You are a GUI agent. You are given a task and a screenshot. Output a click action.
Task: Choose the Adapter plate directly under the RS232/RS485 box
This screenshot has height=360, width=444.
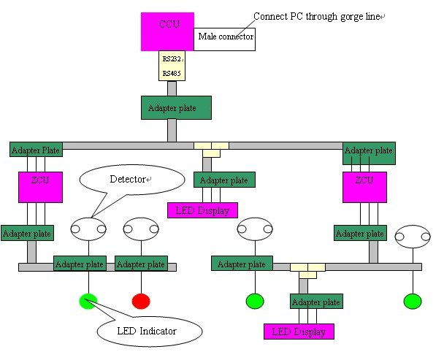click(176, 107)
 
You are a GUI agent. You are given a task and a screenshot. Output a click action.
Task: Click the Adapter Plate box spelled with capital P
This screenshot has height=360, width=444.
click(36, 149)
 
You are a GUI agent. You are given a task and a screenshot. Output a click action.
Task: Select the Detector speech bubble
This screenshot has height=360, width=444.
click(131, 180)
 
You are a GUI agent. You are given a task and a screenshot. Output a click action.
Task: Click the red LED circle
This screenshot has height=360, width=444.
click(140, 301)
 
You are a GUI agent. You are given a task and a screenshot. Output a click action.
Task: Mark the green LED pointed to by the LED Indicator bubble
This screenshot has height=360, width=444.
click(89, 300)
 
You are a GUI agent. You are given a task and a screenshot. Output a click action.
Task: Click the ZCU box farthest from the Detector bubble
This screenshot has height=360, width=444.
click(364, 187)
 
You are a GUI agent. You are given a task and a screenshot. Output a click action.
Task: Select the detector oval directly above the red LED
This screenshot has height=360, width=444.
click(141, 229)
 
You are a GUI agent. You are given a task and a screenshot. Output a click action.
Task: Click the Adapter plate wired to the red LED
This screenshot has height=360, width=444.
click(141, 263)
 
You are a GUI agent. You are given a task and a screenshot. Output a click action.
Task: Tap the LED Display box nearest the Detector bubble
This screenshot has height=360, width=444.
click(202, 210)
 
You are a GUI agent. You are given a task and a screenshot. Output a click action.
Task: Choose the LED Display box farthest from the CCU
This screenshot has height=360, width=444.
click(299, 332)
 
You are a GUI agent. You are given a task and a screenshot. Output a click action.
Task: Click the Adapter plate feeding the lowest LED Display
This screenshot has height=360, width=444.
click(316, 300)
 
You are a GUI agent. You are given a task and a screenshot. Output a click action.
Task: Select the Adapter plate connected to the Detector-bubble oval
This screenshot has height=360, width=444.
click(80, 263)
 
